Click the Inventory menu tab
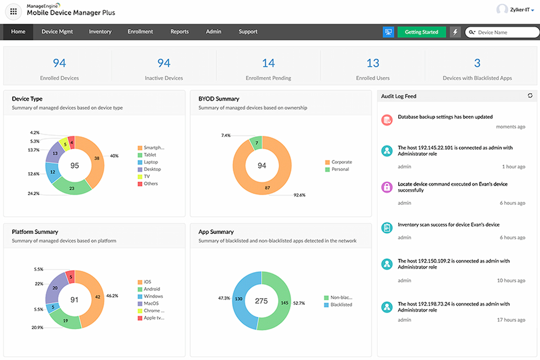(x=100, y=32)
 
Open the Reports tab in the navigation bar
(x=180, y=32)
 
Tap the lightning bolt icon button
(x=455, y=32)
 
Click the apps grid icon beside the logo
(x=13, y=12)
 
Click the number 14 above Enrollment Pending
(x=268, y=63)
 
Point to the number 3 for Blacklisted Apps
(x=477, y=63)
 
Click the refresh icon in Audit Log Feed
(x=530, y=96)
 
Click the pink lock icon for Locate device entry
(x=387, y=187)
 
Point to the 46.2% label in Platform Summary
(x=112, y=296)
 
